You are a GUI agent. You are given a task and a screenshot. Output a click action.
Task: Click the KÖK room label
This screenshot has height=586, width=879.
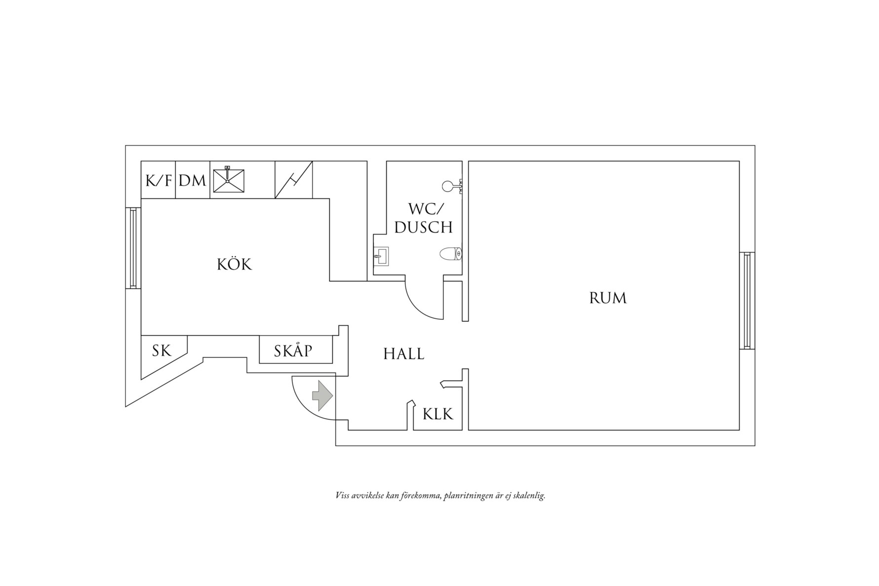[235, 265]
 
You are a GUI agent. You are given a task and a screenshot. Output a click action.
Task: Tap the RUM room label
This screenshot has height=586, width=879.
[608, 298]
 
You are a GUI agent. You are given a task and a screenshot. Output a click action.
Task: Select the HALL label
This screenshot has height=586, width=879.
[404, 354]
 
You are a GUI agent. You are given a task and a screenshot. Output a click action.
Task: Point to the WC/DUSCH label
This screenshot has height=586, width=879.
[424, 218]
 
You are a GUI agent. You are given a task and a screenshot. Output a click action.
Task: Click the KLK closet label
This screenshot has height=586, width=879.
[438, 414]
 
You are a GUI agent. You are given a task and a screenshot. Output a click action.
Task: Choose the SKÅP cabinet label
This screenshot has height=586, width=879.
[293, 351]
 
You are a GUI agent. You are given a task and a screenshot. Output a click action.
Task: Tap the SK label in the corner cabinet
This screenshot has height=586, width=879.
[161, 351]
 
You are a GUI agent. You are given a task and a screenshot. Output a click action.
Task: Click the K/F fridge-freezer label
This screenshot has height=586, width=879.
[159, 181]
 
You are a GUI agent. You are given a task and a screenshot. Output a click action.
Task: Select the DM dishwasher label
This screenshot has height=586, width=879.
[193, 181]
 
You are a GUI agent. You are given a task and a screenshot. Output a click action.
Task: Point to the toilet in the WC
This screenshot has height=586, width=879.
[451, 254]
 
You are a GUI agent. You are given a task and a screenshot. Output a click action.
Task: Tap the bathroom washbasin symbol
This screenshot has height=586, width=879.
[381, 256]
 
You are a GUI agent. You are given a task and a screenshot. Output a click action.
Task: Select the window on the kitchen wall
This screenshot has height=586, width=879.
[133, 248]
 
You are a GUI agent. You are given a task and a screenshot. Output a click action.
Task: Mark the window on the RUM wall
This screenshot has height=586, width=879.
[747, 301]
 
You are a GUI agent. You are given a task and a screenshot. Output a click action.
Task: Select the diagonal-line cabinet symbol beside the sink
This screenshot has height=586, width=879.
[293, 180]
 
